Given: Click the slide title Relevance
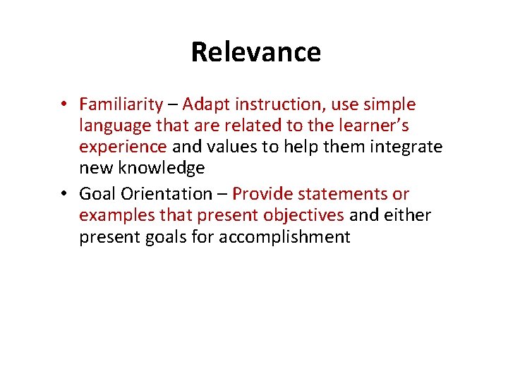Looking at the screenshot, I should click(x=255, y=52).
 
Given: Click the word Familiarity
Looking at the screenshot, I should click(x=121, y=105).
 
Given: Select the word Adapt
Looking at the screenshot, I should click(x=206, y=104).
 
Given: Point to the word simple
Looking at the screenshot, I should click(x=389, y=104).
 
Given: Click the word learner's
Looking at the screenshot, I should click(x=374, y=126).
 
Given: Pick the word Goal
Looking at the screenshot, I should click(x=96, y=193).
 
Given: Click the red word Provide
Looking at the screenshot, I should click(x=261, y=193).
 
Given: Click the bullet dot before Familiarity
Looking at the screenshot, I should click(x=64, y=105).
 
